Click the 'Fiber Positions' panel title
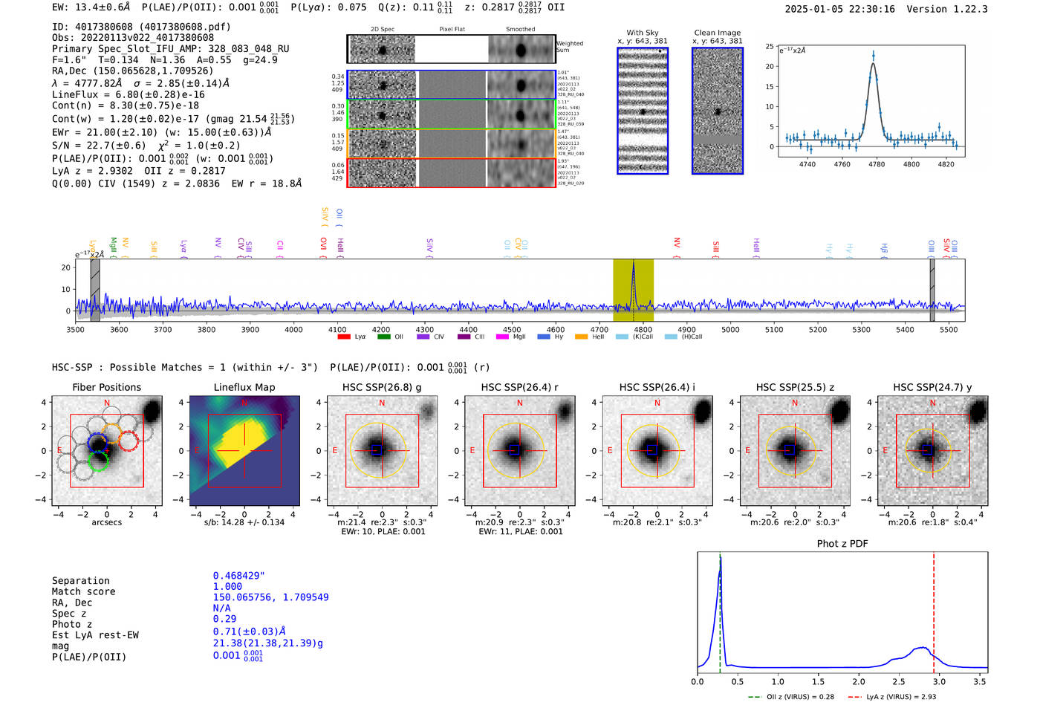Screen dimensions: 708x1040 (106, 387)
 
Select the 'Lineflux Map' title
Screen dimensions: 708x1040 (244, 387)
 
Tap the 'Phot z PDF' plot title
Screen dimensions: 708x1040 (842, 543)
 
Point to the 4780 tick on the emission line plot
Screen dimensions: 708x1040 (877, 163)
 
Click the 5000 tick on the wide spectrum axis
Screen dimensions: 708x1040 (730, 329)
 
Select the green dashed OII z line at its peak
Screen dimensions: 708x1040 (720, 559)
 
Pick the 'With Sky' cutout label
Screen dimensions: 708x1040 (643, 33)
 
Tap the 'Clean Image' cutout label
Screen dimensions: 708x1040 (717, 33)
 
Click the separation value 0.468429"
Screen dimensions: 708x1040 (238, 576)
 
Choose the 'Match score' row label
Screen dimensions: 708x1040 (83, 591)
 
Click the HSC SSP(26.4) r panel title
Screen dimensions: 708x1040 (519, 387)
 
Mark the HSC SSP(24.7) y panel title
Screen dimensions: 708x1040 (932, 387)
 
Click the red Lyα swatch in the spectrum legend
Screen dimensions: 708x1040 (344, 337)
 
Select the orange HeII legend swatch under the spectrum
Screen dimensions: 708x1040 (581, 337)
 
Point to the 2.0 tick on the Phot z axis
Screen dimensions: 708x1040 (858, 681)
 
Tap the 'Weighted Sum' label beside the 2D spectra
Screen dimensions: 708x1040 (570, 47)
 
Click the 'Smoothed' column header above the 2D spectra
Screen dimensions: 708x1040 (520, 29)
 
